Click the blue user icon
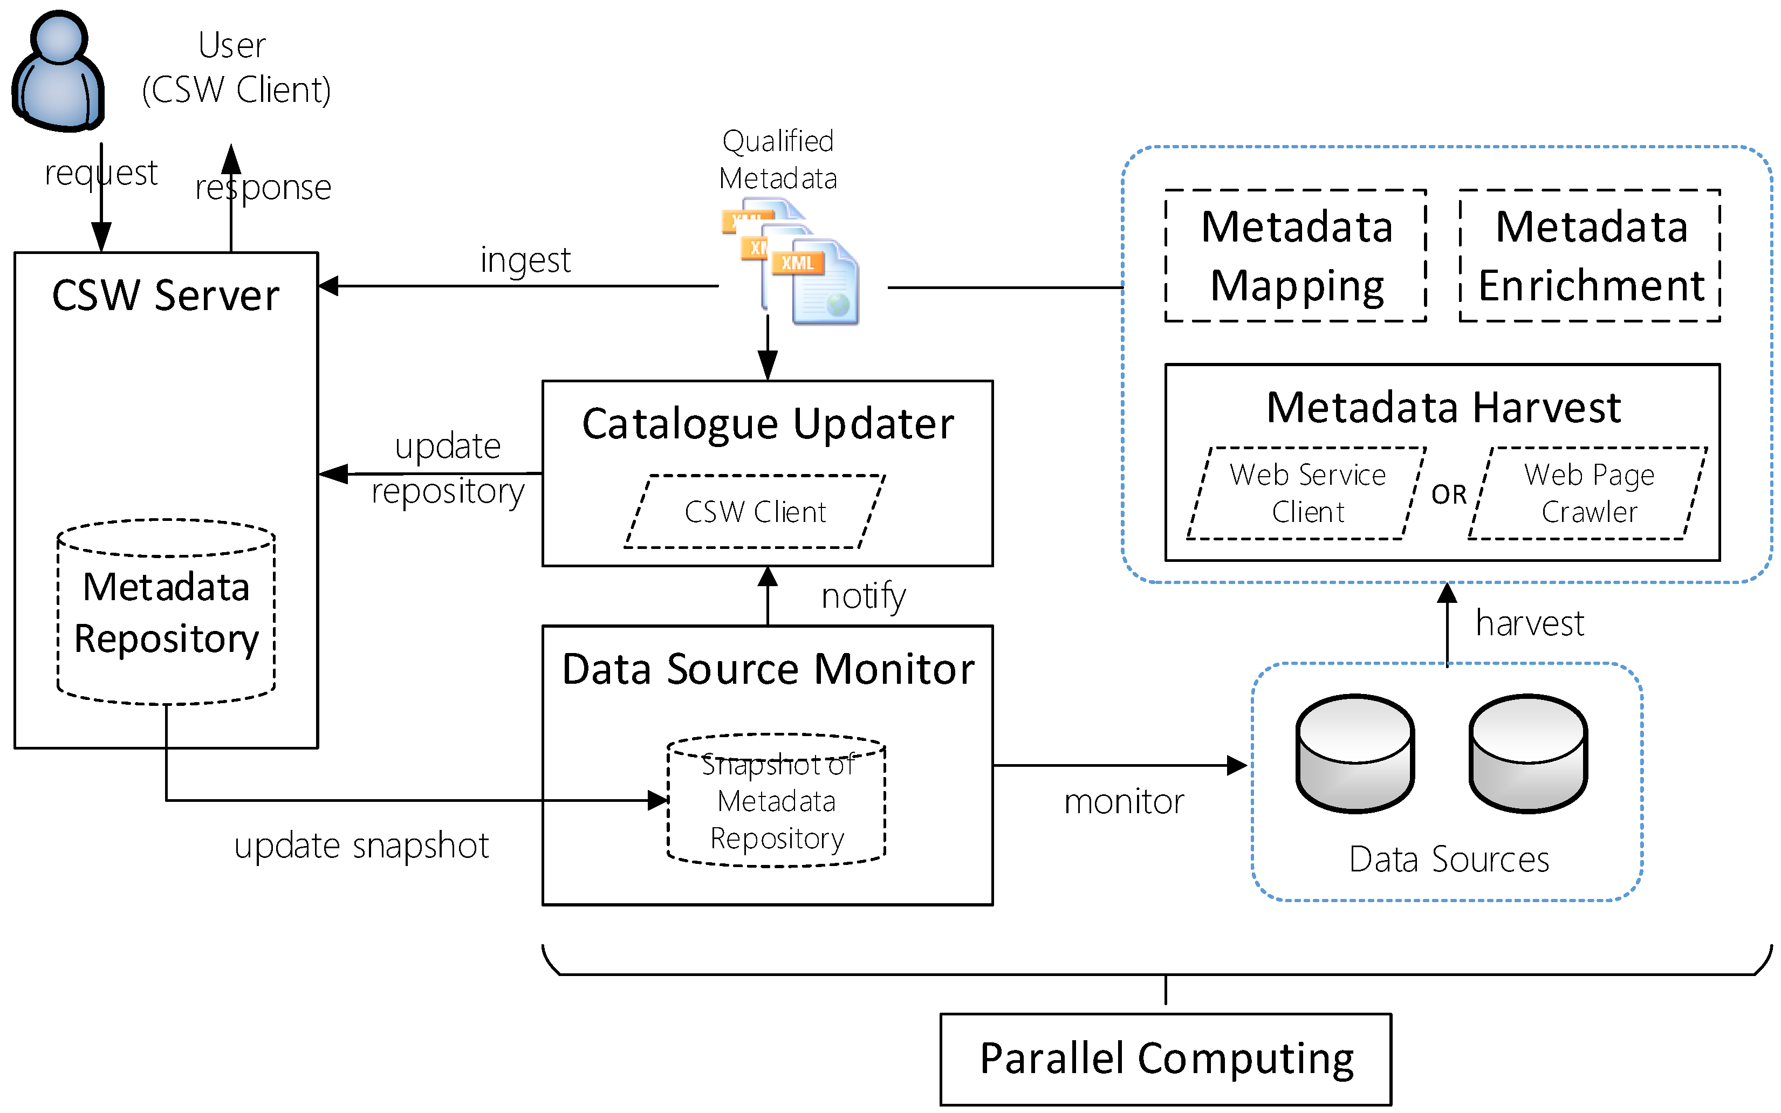pyautogui.click(x=58, y=71)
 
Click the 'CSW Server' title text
pyautogui.click(x=166, y=296)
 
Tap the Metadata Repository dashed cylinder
pyautogui.click(x=166, y=613)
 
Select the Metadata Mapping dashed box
pyautogui.click(x=1296, y=256)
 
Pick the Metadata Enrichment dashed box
pyautogui.click(x=1590, y=256)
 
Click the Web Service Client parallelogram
pyautogui.click(x=1307, y=493)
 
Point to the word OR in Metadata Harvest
pyautogui.click(x=1449, y=494)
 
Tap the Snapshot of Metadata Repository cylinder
pyautogui.click(x=777, y=801)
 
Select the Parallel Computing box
pyautogui.click(x=1166, y=1059)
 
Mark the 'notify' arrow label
pyautogui.click(x=863, y=596)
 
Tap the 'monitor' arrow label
pyautogui.click(x=1124, y=802)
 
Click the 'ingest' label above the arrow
pyautogui.click(x=525, y=260)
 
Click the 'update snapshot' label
pyautogui.click(x=361, y=846)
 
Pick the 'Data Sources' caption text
pyautogui.click(x=1449, y=859)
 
